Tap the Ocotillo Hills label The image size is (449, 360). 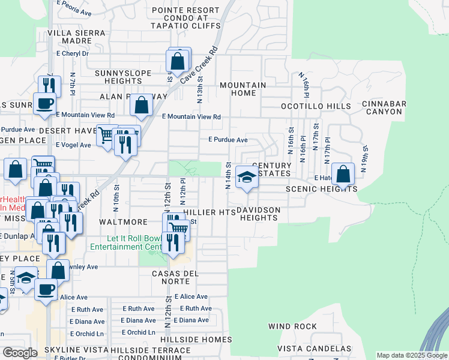316,106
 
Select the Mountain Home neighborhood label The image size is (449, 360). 243,89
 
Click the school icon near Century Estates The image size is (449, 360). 247,177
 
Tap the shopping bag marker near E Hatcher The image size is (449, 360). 343,175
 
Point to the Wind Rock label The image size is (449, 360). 292,326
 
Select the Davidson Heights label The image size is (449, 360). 258,214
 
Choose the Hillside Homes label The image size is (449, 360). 200,339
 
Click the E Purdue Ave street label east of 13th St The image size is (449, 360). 228,139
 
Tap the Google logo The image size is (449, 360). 20,353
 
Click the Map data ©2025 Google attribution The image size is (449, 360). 412,355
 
